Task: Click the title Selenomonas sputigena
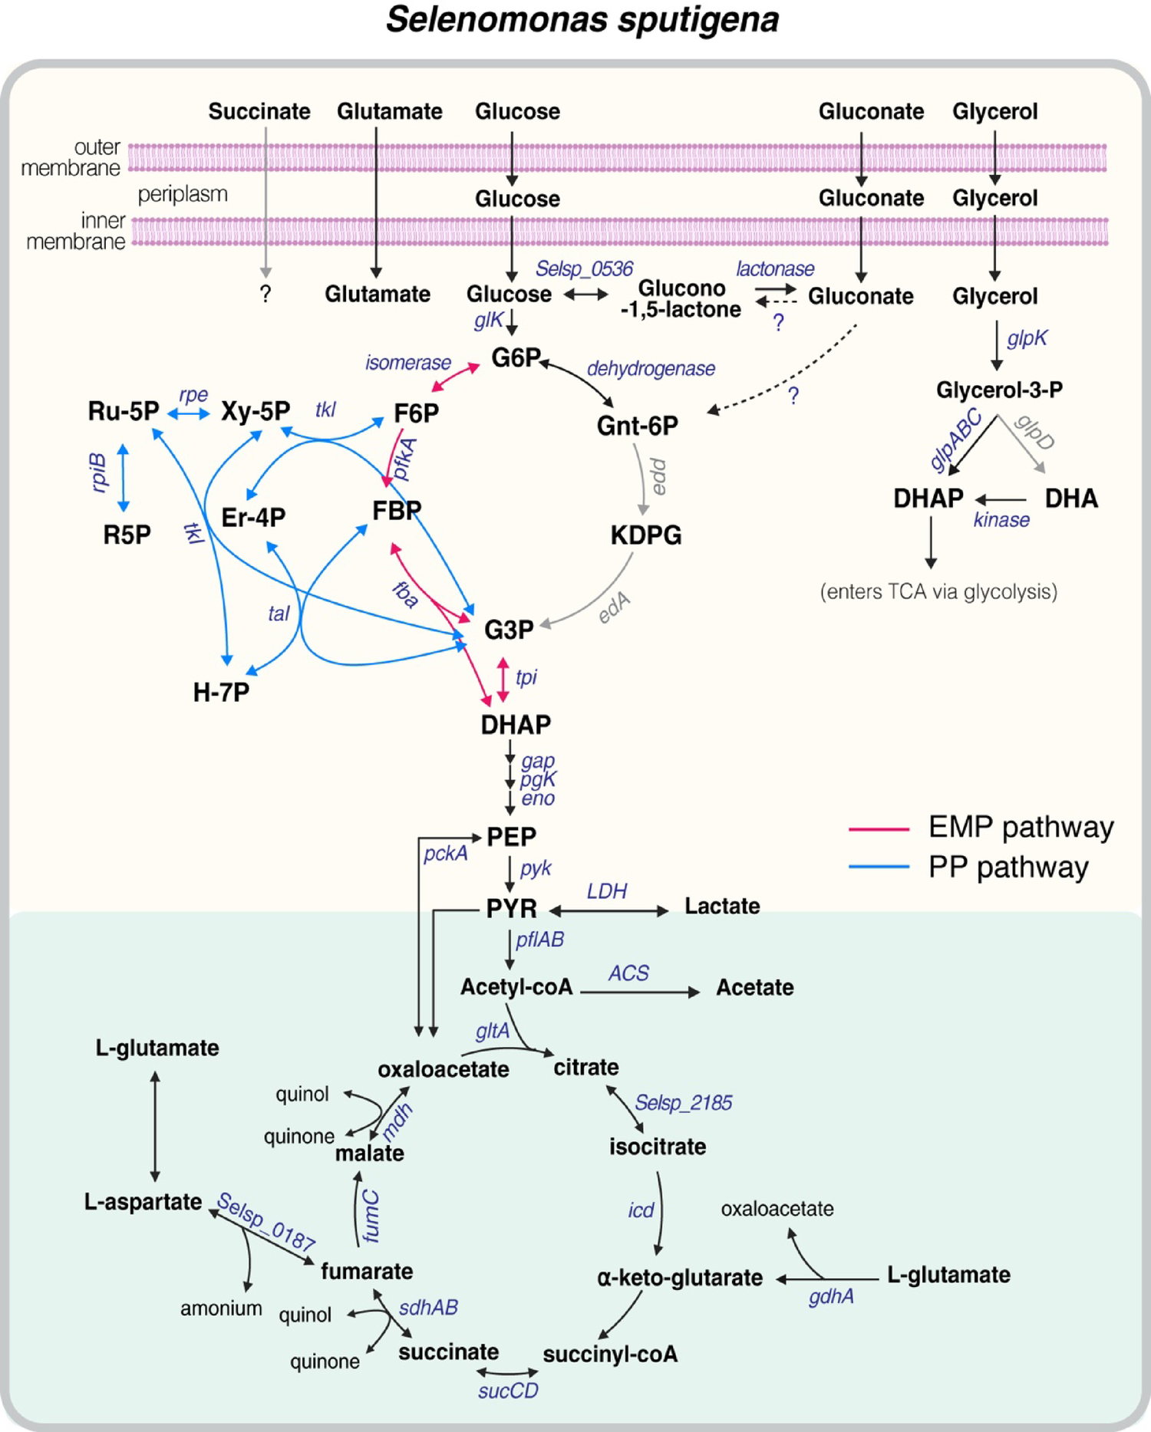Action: (x=582, y=20)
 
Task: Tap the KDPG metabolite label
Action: (x=645, y=535)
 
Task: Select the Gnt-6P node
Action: (x=637, y=426)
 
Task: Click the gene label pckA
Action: (x=445, y=853)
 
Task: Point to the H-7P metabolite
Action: (x=221, y=693)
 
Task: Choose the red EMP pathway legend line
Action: (x=879, y=829)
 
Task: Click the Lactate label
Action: (x=722, y=906)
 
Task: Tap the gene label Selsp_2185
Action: (x=683, y=1103)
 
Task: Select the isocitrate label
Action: (x=658, y=1147)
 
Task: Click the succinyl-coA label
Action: (x=610, y=1355)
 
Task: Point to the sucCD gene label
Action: (x=508, y=1391)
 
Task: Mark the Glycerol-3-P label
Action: (x=999, y=390)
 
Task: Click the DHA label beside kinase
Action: (x=1071, y=499)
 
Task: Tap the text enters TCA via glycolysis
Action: (x=938, y=592)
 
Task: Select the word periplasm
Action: (x=183, y=195)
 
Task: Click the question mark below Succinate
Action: (x=265, y=294)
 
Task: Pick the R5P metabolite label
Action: (x=127, y=535)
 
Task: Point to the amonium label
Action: (x=221, y=1309)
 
